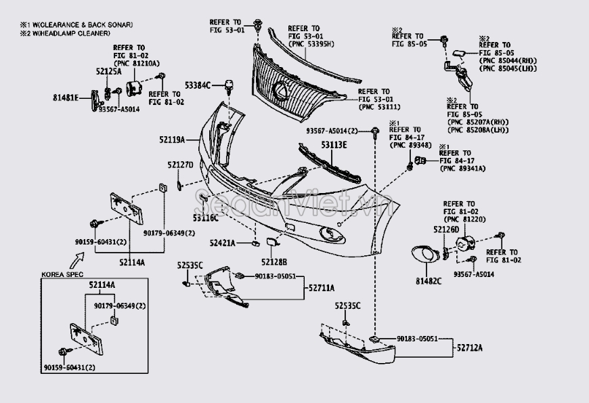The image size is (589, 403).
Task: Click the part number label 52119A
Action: (172, 140)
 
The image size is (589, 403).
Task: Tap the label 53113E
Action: (334, 145)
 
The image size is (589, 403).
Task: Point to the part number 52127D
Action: (181, 165)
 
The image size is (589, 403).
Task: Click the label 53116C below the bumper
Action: (204, 218)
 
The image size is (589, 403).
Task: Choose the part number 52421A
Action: (222, 242)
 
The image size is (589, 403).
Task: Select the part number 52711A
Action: (322, 288)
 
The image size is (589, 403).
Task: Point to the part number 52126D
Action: (446, 230)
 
